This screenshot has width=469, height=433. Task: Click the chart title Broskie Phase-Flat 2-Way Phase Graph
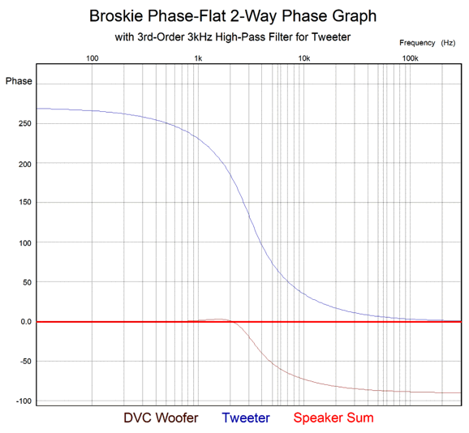(x=233, y=16)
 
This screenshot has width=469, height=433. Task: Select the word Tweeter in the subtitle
(x=331, y=37)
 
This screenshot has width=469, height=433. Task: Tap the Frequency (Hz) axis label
(x=427, y=43)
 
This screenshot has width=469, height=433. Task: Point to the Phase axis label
(x=19, y=81)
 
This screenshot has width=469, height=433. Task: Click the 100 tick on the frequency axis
(x=93, y=58)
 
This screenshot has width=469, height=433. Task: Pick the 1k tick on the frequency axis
(x=198, y=58)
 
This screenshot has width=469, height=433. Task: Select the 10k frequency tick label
(x=304, y=58)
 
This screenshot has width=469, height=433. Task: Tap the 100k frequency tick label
(x=410, y=58)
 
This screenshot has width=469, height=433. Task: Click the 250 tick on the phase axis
(x=25, y=123)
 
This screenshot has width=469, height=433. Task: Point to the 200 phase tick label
(x=25, y=164)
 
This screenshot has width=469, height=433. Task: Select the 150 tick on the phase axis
(x=25, y=202)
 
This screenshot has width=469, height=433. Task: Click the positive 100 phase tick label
(x=25, y=243)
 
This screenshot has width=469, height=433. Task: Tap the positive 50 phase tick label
(x=27, y=282)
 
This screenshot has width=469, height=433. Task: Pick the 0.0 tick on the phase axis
(x=26, y=322)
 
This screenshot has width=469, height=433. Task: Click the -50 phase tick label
(x=26, y=362)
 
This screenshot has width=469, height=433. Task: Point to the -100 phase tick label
(x=24, y=401)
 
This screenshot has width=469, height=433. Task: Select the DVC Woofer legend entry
(x=161, y=418)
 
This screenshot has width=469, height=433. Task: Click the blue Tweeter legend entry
(x=246, y=418)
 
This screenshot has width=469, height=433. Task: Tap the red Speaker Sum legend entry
(x=333, y=418)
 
